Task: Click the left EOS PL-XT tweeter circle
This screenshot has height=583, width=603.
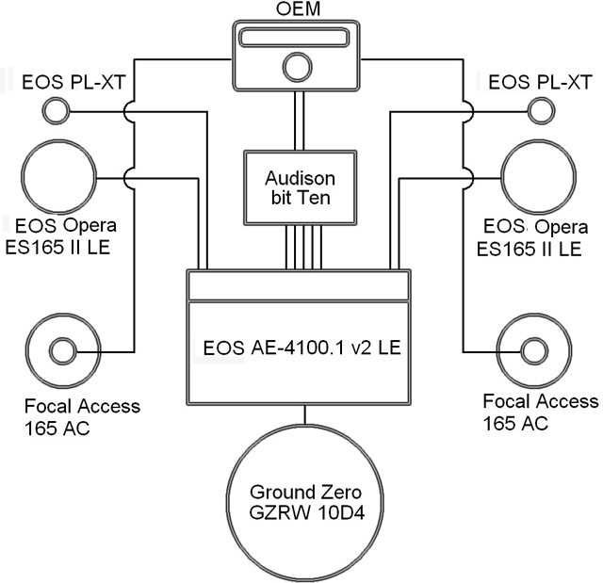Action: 57,112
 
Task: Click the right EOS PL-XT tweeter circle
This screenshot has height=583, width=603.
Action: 542,112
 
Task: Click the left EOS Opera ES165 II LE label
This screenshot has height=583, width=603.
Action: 63,237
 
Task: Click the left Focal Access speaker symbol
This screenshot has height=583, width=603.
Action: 63,353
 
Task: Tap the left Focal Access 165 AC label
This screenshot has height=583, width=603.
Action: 83,416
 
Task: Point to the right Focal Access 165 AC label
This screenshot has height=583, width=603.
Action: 540,411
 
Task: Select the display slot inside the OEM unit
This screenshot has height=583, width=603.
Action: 297,39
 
